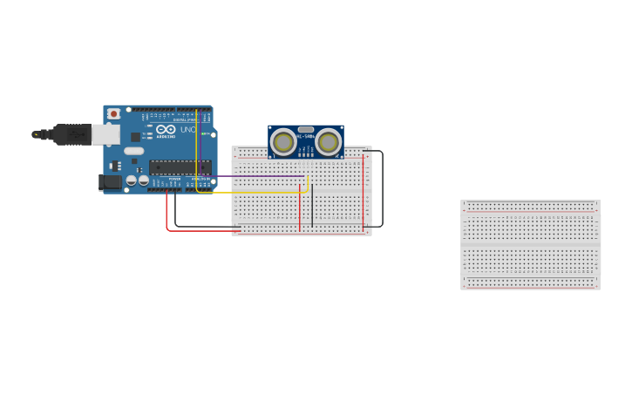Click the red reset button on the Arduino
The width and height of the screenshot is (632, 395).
pyautogui.click(x=113, y=114)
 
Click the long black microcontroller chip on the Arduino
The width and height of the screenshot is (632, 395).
pyautogui.click(x=180, y=167)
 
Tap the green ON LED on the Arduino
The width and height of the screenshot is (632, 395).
pyautogui.click(x=206, y=134)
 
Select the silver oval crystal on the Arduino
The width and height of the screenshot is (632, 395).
pyautogui.click(x=133, y=151)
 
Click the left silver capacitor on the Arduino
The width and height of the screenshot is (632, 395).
pyautogui.click(x=132, y=180)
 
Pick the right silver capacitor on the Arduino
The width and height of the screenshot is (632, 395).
pyautogui.click(x=143, y=180)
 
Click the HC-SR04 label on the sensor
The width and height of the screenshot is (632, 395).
pyautogui.click(x=305, y=136)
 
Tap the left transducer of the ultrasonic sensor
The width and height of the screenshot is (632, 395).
pyautogui.click(x=283, y=141)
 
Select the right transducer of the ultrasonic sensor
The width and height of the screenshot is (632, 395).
pyautogui.click(x=329, y=141)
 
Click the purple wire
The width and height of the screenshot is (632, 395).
pyautogui.click(x=262, y=175)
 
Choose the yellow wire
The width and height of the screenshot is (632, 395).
pyautogui.click(x=262, y=193)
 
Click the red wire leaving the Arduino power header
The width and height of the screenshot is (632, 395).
pyautogui.click(x=166, y=214)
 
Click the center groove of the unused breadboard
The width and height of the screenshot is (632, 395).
pyautogui.click(x=530, y=245)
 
